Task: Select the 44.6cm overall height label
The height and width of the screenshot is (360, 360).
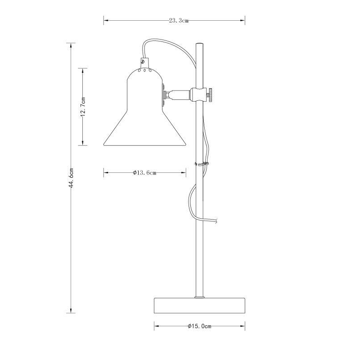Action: tap(71, 178)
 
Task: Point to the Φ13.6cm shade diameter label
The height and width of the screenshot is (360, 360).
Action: tap(144, 172)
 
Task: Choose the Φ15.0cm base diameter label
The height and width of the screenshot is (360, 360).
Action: tap(199, 326)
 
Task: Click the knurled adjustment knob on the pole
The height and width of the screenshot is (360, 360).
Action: tap(210, 95)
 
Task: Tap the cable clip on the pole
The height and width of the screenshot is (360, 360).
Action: tap(202, 164)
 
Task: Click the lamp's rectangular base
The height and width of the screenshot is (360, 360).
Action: tap(199, 305)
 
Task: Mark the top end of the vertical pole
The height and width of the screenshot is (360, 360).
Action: tap(199, 44)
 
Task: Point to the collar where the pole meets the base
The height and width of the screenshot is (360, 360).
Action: tap(199, 297)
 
